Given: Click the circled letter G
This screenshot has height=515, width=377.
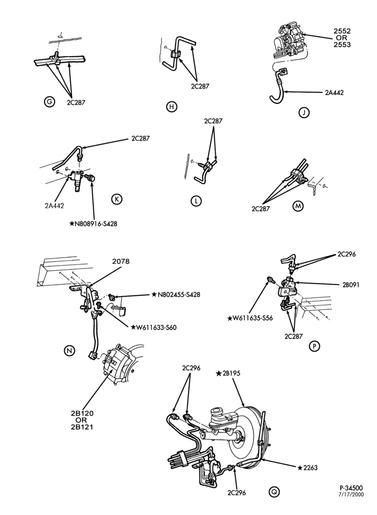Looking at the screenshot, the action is point(49,102).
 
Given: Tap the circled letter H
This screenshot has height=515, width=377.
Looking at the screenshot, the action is point(172,107).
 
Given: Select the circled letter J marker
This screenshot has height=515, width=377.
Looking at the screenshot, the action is point(304,113).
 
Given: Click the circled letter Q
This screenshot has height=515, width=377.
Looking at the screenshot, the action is point(273,492).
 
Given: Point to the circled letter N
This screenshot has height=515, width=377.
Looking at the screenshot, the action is point(69,351).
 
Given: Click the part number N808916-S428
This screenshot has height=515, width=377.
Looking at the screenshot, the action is point(93,224).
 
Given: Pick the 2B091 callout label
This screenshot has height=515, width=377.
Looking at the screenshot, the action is point(350,285).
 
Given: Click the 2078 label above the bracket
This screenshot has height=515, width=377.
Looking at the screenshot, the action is point(121,262).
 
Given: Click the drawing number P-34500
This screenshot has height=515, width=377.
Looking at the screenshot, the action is point(352,497).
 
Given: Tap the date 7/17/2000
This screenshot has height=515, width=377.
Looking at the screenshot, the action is point(352,504).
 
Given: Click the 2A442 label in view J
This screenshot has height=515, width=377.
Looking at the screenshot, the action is point(334,93).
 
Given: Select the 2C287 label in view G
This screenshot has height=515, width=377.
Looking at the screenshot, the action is point(76,102).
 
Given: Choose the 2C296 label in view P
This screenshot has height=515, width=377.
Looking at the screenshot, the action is point(347,254).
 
